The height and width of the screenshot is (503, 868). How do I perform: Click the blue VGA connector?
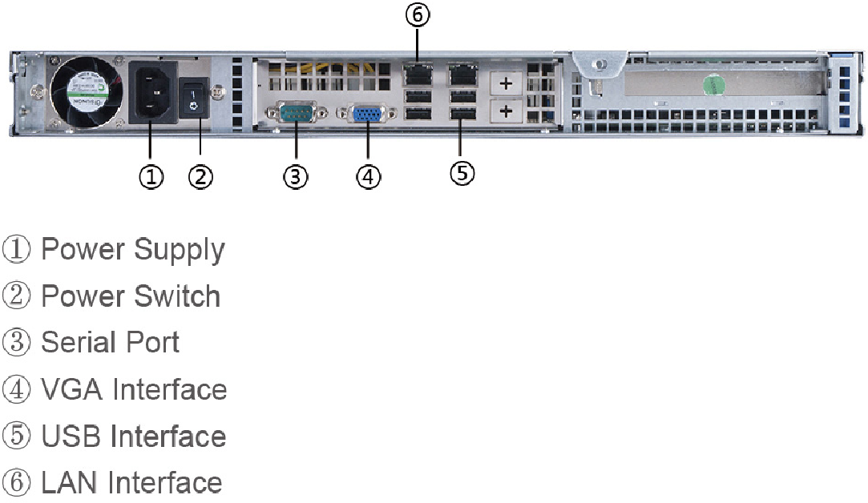[x=368, y=115]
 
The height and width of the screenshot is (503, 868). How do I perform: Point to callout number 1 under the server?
[x=151, y=176]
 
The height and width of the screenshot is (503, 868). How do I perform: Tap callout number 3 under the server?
[x=296, y=176]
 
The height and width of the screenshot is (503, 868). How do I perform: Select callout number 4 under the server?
[x=368, y=176]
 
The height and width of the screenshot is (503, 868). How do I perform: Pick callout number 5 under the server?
[x=462, y=171]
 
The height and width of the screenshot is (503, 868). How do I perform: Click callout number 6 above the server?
[x=418, y=15]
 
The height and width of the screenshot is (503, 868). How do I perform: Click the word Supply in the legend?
[x=179, y=251]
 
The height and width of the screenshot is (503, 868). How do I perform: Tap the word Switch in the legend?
[x=176, y=296]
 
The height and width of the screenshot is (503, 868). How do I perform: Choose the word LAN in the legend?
[x=71, y=483]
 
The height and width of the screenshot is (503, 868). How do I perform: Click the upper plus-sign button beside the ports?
[x=506, y=82]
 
